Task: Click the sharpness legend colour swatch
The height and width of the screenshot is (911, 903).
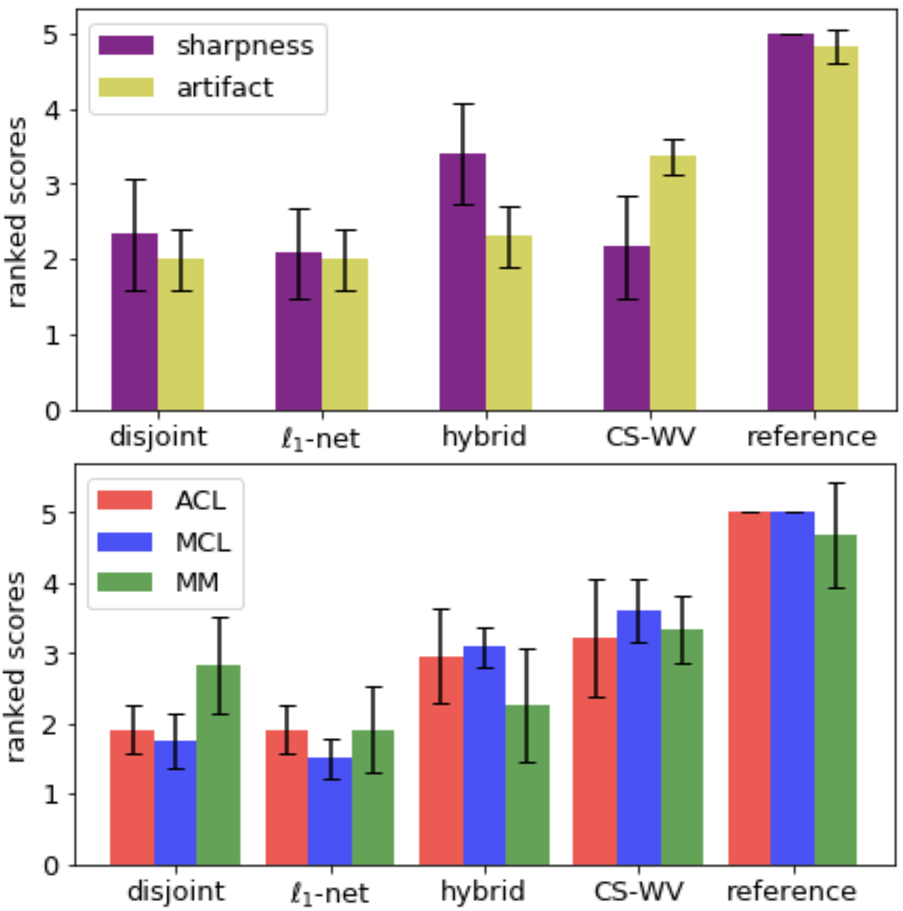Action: point(126,46)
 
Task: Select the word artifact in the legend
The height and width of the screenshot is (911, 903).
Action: point(225,88)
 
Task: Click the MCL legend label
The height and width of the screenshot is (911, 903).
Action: point(203,542)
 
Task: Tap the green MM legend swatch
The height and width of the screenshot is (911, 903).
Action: point(125,582)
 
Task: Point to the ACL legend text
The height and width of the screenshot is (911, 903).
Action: point(201,500)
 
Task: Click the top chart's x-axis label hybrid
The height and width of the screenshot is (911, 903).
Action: point(484,437)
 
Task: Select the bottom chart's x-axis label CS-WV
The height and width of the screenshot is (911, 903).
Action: point(638,891)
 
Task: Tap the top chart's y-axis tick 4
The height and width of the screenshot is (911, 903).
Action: point(53,110)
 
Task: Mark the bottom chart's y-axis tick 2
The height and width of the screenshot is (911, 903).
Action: point(50,725)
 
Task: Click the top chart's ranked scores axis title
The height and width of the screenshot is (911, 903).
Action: point(17,212)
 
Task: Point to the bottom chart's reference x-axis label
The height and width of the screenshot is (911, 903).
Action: point(792,891)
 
